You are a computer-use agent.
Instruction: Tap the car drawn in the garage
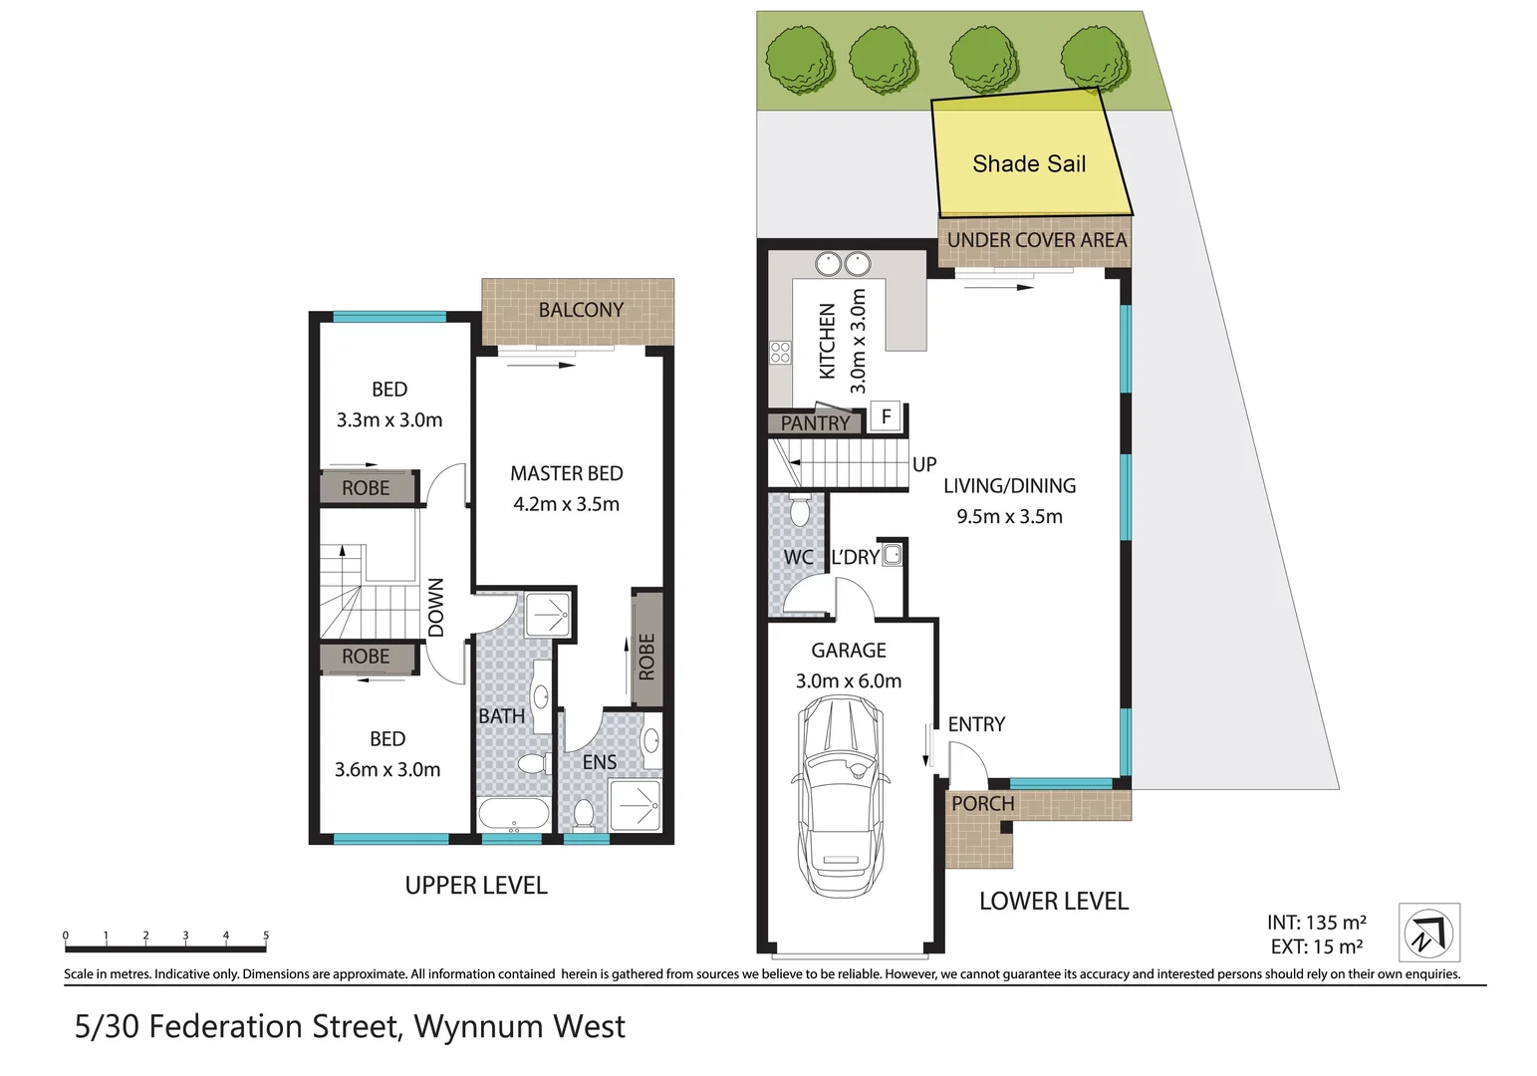pos(842,796)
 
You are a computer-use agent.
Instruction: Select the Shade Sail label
pos(1029,164)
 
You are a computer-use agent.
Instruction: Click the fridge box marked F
pos(886,415)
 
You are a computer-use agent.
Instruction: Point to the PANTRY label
pos(815,423)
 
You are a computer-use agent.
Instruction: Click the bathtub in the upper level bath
pos(514,815)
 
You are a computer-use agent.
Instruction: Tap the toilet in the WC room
pos(799,510)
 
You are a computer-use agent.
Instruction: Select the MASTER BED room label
pos(567,473)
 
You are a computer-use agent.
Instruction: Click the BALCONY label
pos(581,310)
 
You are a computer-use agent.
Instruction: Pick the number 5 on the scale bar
pos(266,936)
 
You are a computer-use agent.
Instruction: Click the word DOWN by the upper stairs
pos(435,608)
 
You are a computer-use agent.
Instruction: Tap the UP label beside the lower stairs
pos(924,464)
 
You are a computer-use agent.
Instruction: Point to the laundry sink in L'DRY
pos(892,555)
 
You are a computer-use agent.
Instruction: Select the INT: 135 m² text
pos(1317,923)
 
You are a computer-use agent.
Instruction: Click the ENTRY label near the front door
pos(976,724)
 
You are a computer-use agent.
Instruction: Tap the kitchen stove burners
pos(780,352)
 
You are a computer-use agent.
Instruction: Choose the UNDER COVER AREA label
pos(1037,240)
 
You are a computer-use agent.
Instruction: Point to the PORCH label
pos(982,804)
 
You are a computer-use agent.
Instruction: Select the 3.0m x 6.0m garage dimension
pos(848,680)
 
